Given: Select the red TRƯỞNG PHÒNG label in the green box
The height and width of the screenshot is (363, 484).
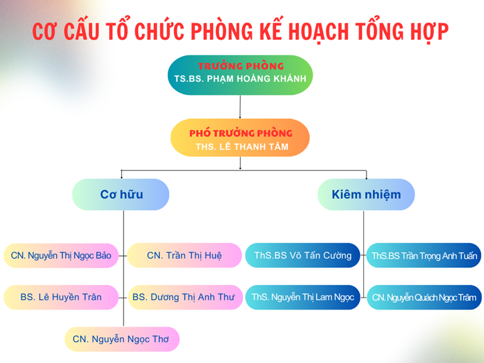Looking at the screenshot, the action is pos(241,66).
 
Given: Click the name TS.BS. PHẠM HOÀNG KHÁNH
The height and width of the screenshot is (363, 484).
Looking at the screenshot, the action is pos(240,79).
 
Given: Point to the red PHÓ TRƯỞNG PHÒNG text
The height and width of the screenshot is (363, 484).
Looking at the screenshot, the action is pos(241,133).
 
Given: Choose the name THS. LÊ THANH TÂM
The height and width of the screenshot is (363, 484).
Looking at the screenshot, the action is pos(242,146).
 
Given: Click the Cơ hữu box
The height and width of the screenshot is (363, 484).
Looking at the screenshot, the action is pos(120,195).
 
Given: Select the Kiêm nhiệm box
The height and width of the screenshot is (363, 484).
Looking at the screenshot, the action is pos(366,195).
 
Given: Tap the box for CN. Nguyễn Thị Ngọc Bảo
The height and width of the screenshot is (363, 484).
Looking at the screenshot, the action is pos(61,255).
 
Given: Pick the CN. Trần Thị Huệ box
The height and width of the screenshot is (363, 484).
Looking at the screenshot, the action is pos(184,255).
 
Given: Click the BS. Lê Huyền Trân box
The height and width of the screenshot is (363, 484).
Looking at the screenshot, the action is pos(61,297).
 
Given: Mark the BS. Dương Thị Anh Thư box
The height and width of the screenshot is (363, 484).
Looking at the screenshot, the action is pos(185,297).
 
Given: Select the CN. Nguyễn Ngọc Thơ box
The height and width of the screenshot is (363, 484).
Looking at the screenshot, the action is pos(122,339).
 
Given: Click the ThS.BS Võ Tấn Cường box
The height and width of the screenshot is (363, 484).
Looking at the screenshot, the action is pos(303,255).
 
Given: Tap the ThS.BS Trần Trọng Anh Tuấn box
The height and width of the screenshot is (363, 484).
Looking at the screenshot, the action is pos(424,255).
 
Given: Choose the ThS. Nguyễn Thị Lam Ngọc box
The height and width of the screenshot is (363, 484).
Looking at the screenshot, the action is pos(303,297).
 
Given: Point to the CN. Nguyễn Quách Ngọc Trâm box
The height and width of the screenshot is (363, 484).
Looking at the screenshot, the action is pos(424,297).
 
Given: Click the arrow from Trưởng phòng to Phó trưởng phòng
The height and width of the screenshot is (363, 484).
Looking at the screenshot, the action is pos(240,107).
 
